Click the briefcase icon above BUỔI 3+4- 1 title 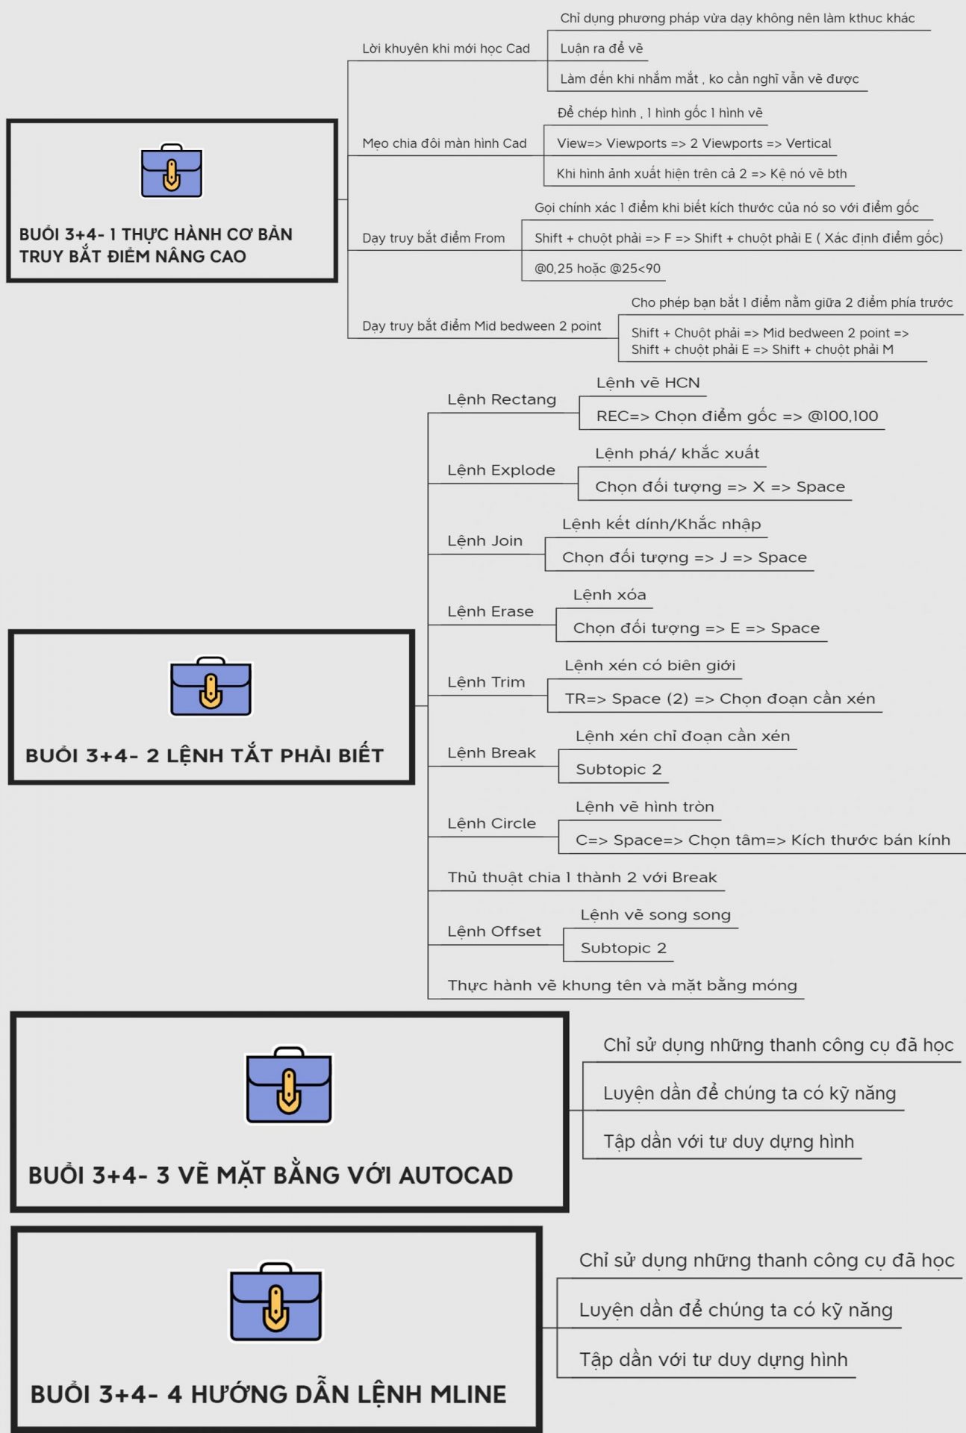[x=172, y=170]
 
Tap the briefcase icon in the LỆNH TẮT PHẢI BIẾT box [x=211, y=687]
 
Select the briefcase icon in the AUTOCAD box [x=289, y=1085]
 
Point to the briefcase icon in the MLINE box [x=275, y=1302]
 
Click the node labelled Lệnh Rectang [x=502, y=399]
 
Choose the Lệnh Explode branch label [x=501, y=470]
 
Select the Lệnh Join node [x=484, y=540]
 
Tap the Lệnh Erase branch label [x=490, y=611]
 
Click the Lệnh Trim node [x=486, y=682]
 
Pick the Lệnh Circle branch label [x=491, y=823]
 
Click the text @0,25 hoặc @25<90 [x=597, y=268]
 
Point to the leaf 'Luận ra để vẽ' [x=601, y=49]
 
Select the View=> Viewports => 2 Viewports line [x=694, y=143]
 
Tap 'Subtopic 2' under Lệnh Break [x=618, y=769]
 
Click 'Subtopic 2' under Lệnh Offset [x=623, y=948]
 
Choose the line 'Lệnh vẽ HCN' [x=648, y=383]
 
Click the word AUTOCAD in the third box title [x=455, y=1176]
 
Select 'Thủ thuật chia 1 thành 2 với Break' [x=582, y=878]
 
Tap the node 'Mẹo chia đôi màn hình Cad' [x=444, y=143]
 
